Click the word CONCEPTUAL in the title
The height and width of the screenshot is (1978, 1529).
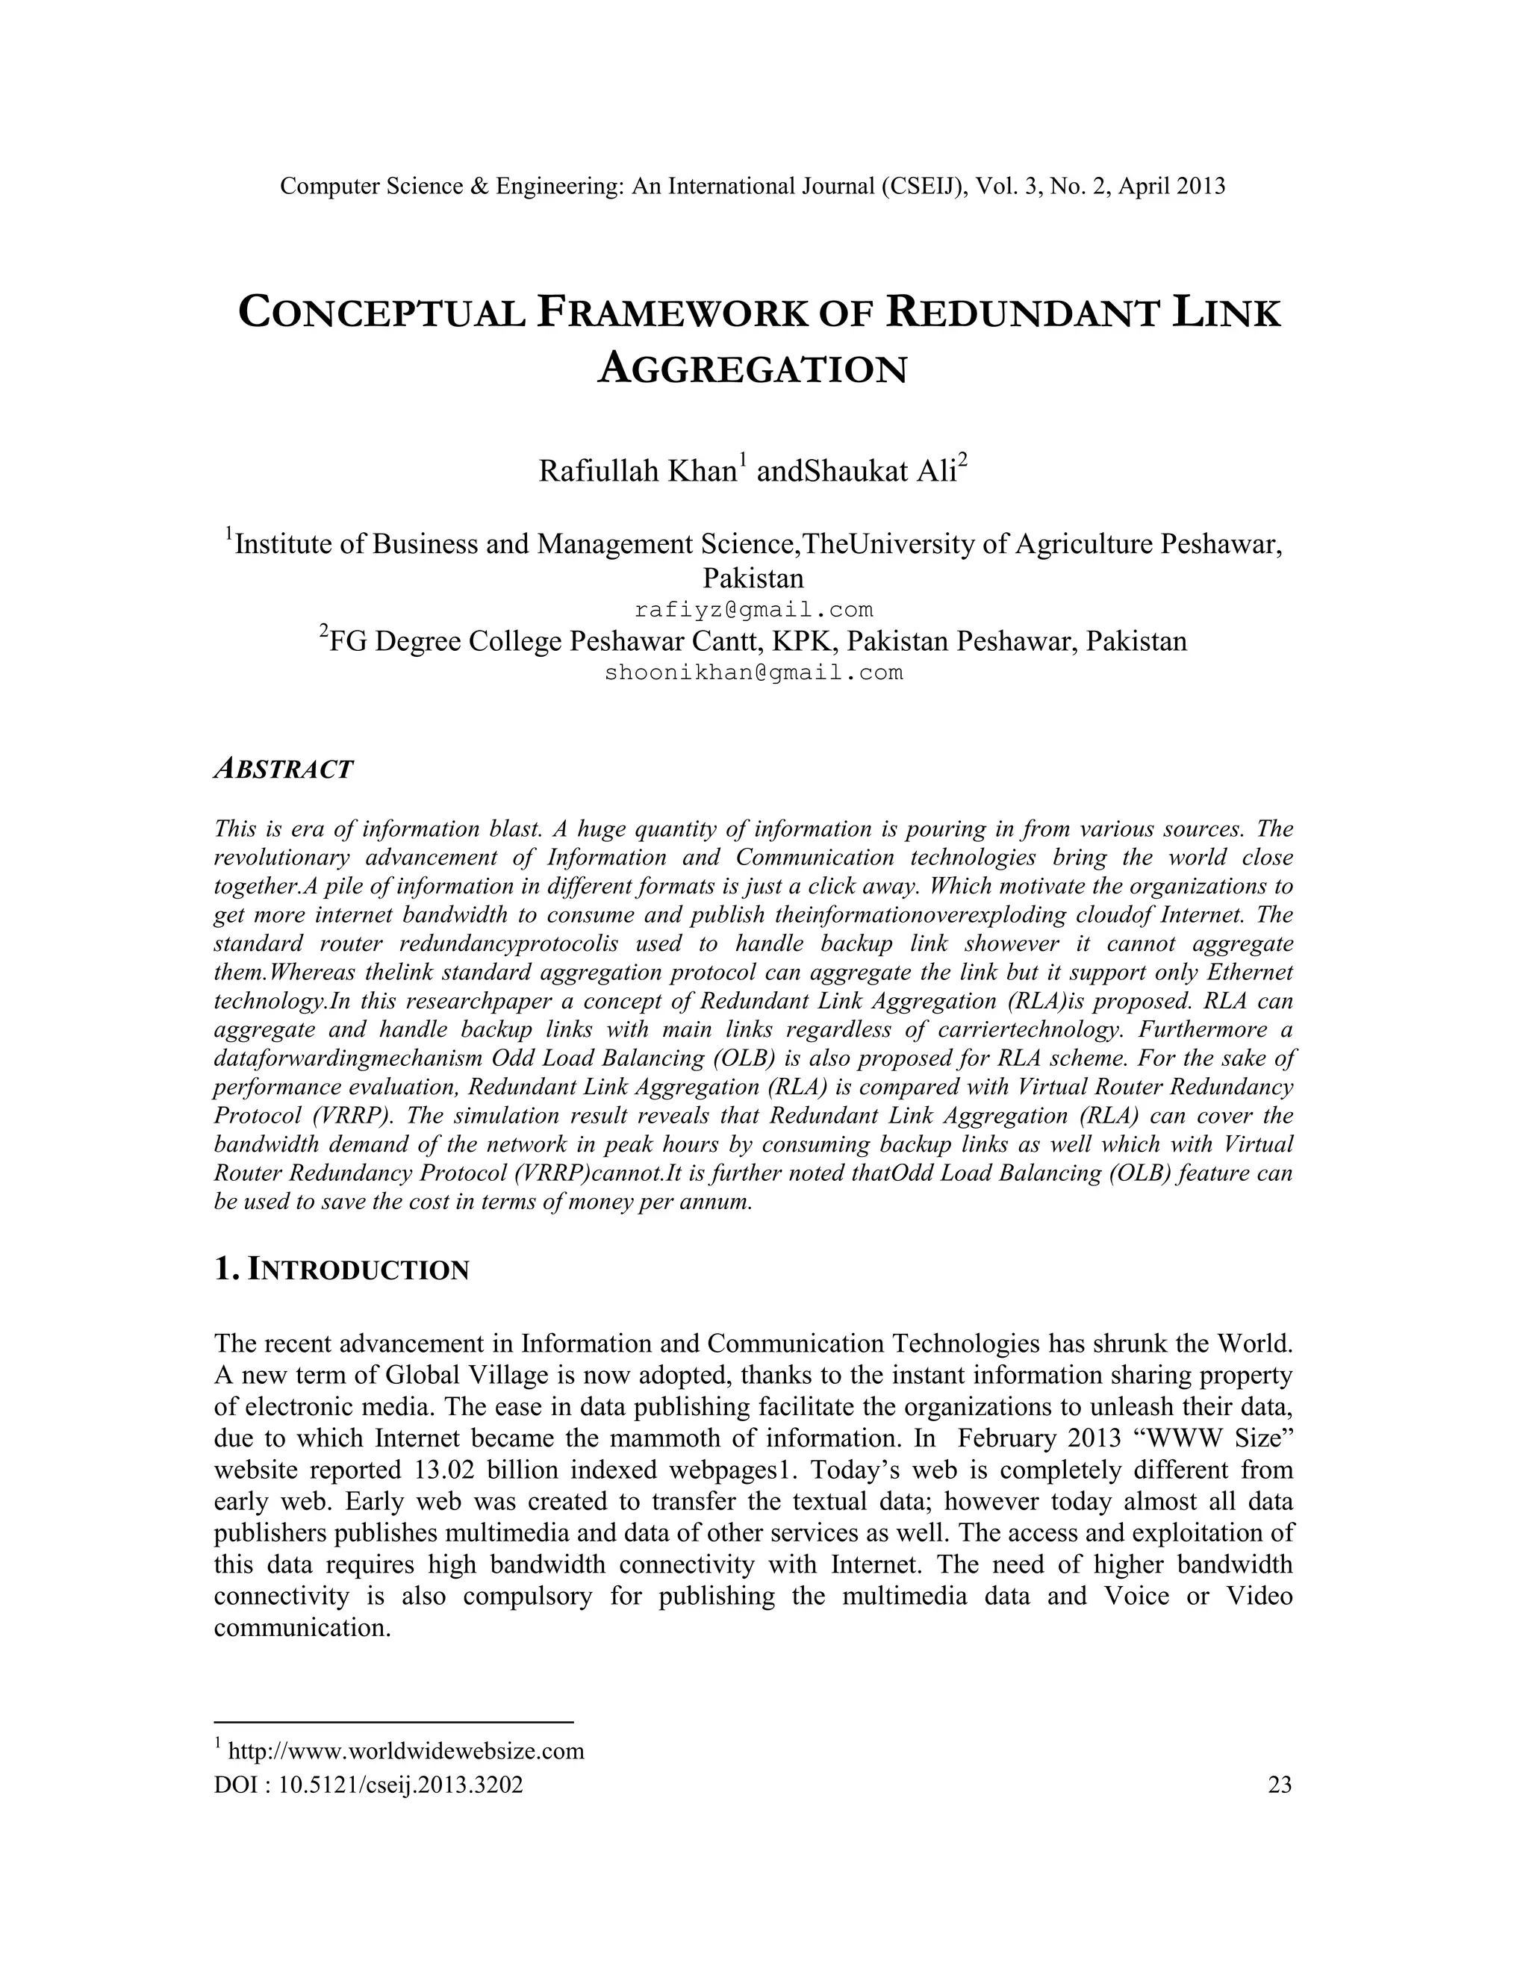coord(382,313)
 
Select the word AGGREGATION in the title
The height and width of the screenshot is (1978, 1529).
coord(753,369)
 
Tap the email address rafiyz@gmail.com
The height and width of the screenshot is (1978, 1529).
coord(753,610)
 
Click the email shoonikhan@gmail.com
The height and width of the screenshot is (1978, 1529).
coord(753,673)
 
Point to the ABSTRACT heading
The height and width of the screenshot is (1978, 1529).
coord(284,770)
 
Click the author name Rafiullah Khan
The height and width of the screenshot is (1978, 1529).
coord(636,472)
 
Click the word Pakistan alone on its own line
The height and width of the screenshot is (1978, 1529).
coord(753,578)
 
